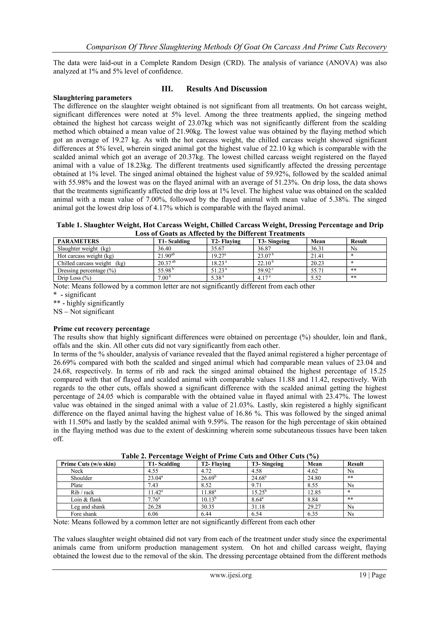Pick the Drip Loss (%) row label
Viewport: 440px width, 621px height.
[74, 278]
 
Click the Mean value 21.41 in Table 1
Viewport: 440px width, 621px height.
[318, 256]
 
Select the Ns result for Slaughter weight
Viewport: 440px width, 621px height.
[354, 249]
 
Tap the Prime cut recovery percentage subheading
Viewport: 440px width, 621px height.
[101, 329]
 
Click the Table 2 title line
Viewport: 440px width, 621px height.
[220, 456]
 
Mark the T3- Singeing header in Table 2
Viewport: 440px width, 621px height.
[267, 464]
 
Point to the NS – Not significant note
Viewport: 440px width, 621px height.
[84, 312]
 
